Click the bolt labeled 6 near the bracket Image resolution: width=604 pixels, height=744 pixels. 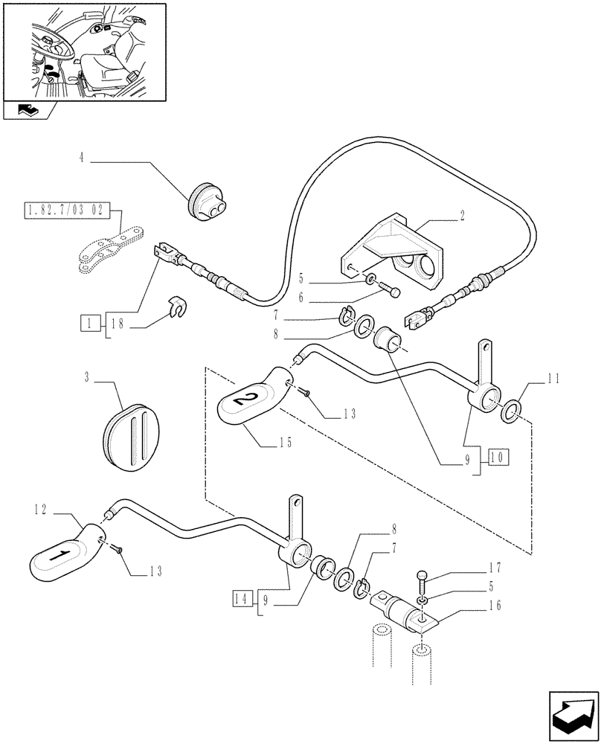point(388,290)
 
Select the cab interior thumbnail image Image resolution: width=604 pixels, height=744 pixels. point(83,52)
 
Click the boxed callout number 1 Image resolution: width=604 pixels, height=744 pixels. point(89,324)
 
